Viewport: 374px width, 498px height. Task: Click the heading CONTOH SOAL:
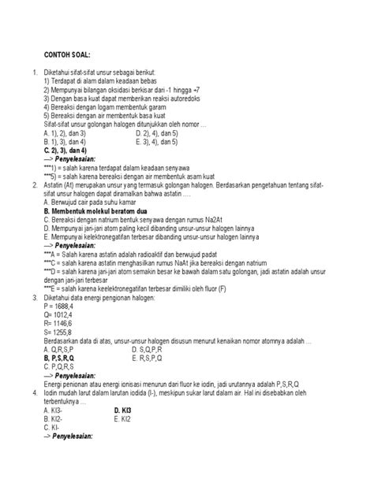66,57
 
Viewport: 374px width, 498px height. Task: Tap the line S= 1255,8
62,336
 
